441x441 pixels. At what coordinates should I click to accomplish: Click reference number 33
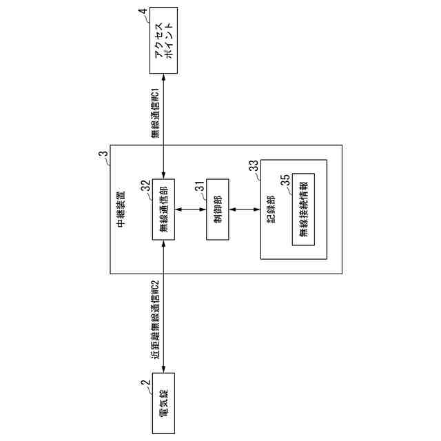254,167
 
